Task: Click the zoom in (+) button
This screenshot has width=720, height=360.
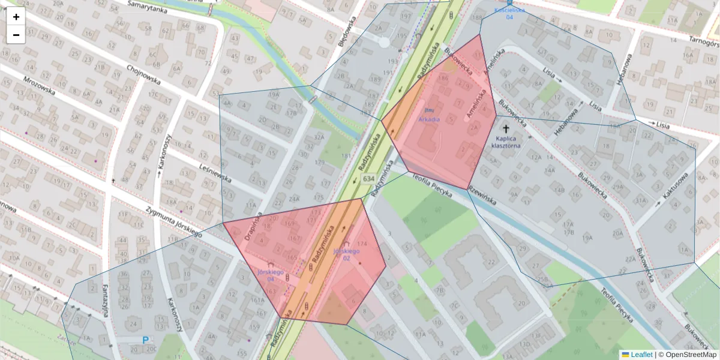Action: tap(16, 17)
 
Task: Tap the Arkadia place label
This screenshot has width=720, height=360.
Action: tap(429, 119)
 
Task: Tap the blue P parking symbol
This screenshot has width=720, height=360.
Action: tap(145, 340)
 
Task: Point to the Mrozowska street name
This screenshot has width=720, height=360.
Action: tap(39, 87)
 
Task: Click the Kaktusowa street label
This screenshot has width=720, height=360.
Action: tap(676, 187)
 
